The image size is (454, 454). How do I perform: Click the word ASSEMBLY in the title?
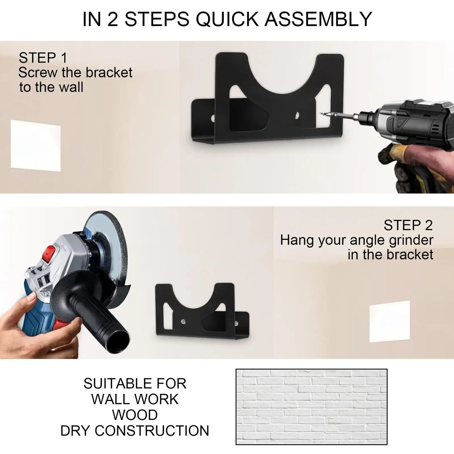click(318, 19)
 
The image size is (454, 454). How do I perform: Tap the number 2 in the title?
click(113, 19)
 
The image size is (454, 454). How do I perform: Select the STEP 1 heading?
click(43, 58)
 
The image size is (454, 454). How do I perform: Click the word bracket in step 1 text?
click(109, 73)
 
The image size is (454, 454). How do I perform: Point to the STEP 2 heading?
click(408, 225)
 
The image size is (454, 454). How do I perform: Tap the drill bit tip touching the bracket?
click(322, 114)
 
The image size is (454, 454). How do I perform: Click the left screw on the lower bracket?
click(183, 321)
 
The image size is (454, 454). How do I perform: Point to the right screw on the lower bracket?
click(236, 323)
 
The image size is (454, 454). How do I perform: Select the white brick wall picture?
click(311, 407)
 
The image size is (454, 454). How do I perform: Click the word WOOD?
click(135, 415)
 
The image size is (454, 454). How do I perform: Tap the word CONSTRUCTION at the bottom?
click(152, 431)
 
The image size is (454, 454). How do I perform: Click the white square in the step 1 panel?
click(36, 145)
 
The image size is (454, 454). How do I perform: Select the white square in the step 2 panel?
click(390, 321)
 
